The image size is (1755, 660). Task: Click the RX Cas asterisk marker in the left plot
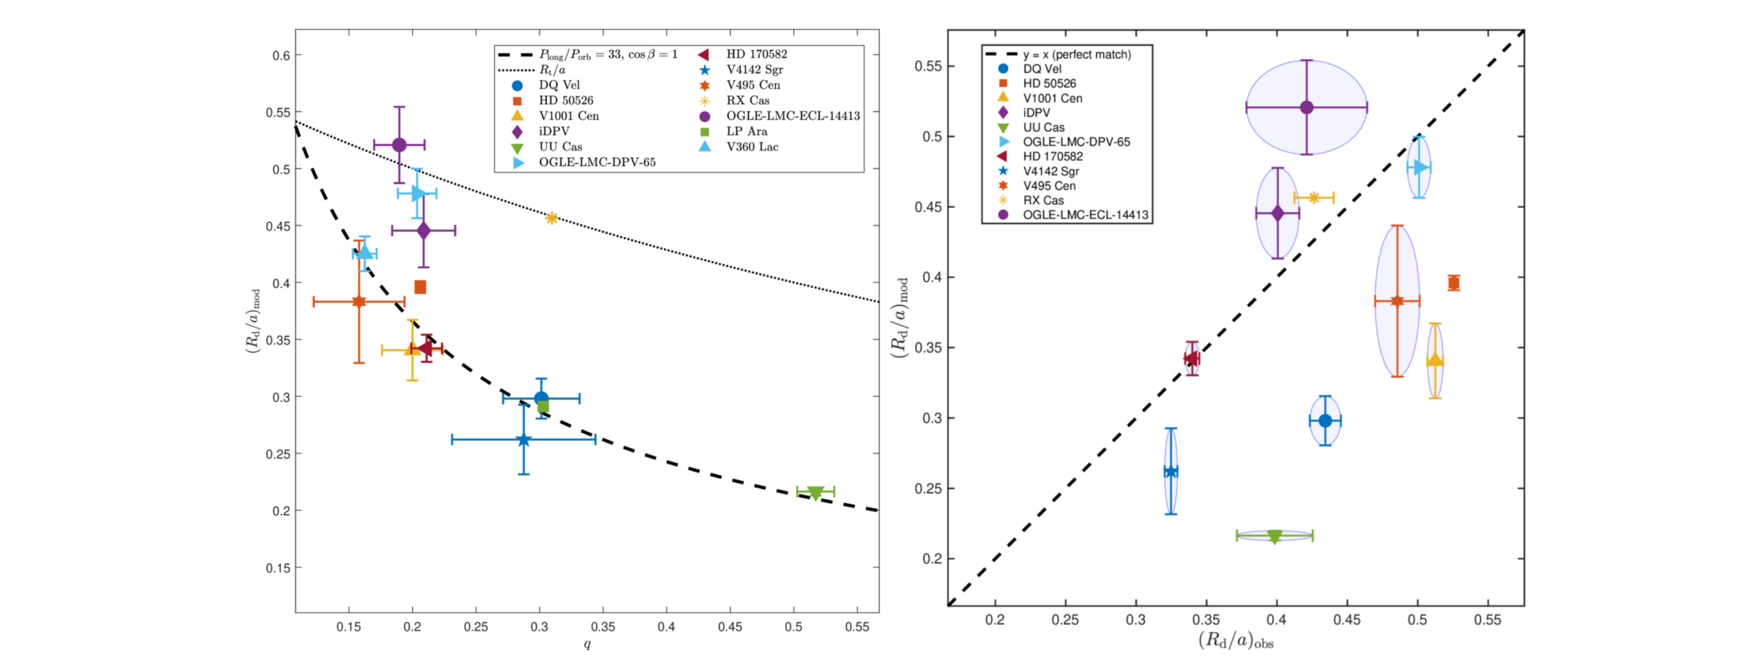[552, 218]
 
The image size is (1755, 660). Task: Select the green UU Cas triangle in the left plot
[815, 493]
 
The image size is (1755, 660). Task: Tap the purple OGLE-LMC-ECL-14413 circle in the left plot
[399, 145]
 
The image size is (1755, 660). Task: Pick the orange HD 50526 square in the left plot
[420, 287]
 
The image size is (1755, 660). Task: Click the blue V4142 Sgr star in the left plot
[524, 440]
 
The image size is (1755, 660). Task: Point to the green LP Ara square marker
[543, 407]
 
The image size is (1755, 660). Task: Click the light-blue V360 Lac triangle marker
[364, 252]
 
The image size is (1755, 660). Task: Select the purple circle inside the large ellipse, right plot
[1306, 107]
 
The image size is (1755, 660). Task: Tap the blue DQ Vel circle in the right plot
[1325, 421]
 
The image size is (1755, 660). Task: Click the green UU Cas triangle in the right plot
[1275, 536]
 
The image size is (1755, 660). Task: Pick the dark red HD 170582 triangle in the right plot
[1191, 359]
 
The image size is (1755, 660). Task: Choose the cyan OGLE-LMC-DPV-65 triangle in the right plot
[1420, 167]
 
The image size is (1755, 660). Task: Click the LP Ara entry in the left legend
[746, 131]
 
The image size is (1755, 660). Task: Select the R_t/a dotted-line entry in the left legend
[552, 70]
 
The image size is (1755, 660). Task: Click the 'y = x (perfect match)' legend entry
[1076, 54]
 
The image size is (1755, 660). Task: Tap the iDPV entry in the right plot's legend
[1036, 112]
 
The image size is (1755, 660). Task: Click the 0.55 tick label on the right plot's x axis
[1488, 620]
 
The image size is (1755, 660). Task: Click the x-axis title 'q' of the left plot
[587, 644]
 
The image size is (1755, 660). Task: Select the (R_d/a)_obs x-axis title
[1236, 640]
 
